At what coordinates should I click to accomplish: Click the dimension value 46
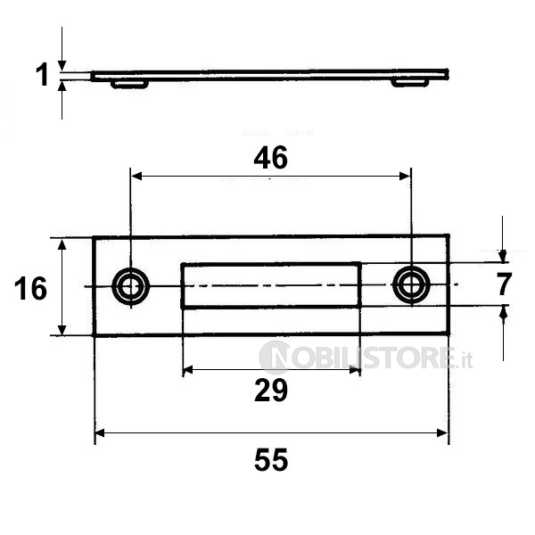(270, 159)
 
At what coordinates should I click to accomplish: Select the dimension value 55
(271, 460)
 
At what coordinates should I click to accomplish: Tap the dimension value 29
(271, 391)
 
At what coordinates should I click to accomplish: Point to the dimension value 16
(30, 289)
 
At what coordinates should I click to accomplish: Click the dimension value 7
(504, 284)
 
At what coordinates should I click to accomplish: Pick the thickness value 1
(42, 75)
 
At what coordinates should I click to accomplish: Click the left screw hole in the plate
(131, 286)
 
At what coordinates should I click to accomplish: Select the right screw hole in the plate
(411, 285)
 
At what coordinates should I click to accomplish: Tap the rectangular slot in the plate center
(271, 285)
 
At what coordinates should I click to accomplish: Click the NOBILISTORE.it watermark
(366, 358)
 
